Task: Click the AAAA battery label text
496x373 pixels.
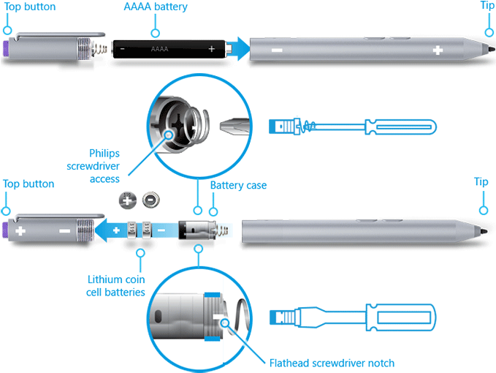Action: click(x=154, y=7)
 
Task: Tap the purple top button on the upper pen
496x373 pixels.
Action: click(x=7, y=50)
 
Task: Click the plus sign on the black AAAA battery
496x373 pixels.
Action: click(x=212, y=49)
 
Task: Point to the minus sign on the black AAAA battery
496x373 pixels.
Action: click(x=122, y=49)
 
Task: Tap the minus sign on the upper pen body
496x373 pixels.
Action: click(x=277, y=50)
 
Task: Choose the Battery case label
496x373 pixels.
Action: click(x=238, y=186)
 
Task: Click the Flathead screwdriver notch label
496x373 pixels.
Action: click(x=332, y=362)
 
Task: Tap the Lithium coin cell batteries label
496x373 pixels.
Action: click(x=116, y=286)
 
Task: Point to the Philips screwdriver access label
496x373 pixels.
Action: click(x=104, y=166)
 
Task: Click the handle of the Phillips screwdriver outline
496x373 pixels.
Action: click(x=401, y=127)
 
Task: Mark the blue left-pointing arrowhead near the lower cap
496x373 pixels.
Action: click(x=107, y=230)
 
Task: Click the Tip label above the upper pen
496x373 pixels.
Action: click(x=487, y=7)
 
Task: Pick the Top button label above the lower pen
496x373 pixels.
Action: click(x=29, y=184)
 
